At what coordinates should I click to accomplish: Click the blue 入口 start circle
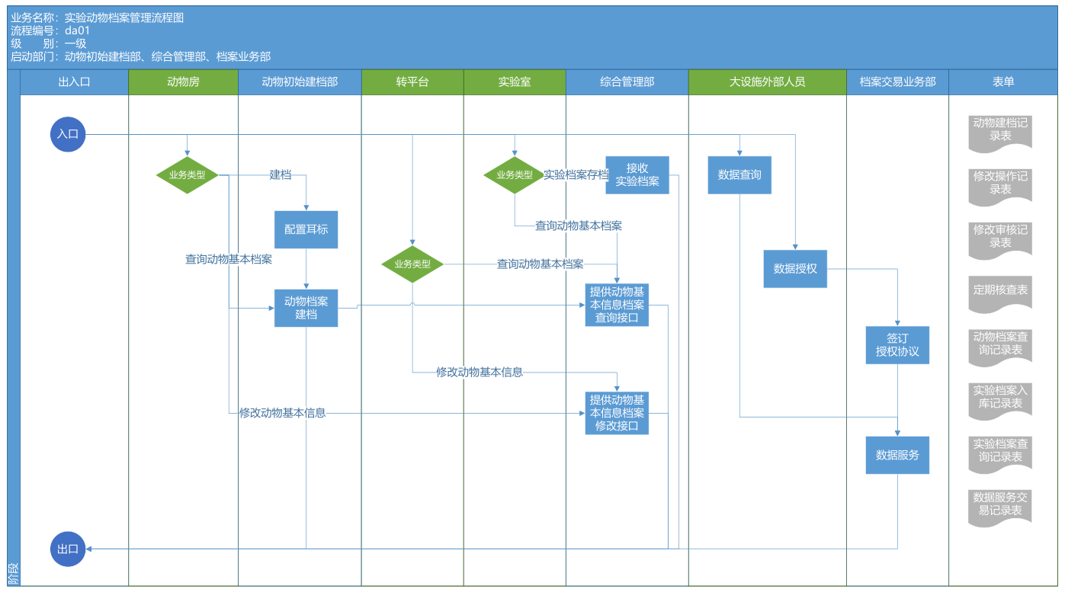tap(68, 134)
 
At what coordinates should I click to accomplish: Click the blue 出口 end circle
tap(68, 549)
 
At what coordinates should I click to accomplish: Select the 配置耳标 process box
tap(306, 229)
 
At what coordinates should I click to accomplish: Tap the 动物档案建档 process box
tap(306, 308)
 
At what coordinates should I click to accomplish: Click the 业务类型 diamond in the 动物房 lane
tap(187, 175)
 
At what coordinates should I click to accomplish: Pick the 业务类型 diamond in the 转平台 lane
tap(412, 264)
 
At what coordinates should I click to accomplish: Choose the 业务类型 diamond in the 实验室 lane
tap(515, 175)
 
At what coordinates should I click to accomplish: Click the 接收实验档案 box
tap(637, 175)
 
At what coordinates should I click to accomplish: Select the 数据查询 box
tap(739, 175)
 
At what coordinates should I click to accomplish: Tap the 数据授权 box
tap(795, 269)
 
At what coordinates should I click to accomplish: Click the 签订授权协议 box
tap(897, 345)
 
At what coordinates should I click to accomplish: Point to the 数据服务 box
tap(897, 455)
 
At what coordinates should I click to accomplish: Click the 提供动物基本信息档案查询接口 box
tap(617, 305)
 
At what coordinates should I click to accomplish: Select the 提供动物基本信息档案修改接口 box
tap(617, 413)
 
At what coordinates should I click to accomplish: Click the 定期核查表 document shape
tap(1000, 293)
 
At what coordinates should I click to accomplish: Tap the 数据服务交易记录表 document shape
tap(1000, 507)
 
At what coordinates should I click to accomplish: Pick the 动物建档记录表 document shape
tap(1000, 131)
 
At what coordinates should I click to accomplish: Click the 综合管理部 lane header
tap(627, 82)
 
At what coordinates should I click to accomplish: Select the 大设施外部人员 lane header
tap(767, 82)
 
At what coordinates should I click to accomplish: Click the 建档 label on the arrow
tap(281, 175)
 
